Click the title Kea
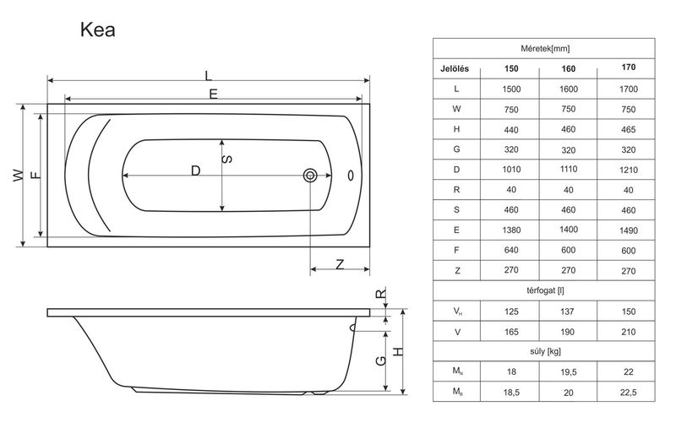pyautogui.click(x=98, y=30)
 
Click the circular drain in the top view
pyautogui.click(x=310, y=176)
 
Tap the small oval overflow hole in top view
pyautogui.click(x=351, y=176)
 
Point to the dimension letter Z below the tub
pyautogui.click(x=341, y=264)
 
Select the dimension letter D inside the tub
pyautogui.click(x=196, y=171)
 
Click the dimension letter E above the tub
pyautogui.click(x=214, y=94)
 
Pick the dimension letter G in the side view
pyautogui.click(x=381, y=360)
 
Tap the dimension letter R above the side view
pyautogui.click(x=381, y=294)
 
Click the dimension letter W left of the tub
pyautogui.click(x=18, y=176)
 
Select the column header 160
pyautogui.click(x=568, y=69)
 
